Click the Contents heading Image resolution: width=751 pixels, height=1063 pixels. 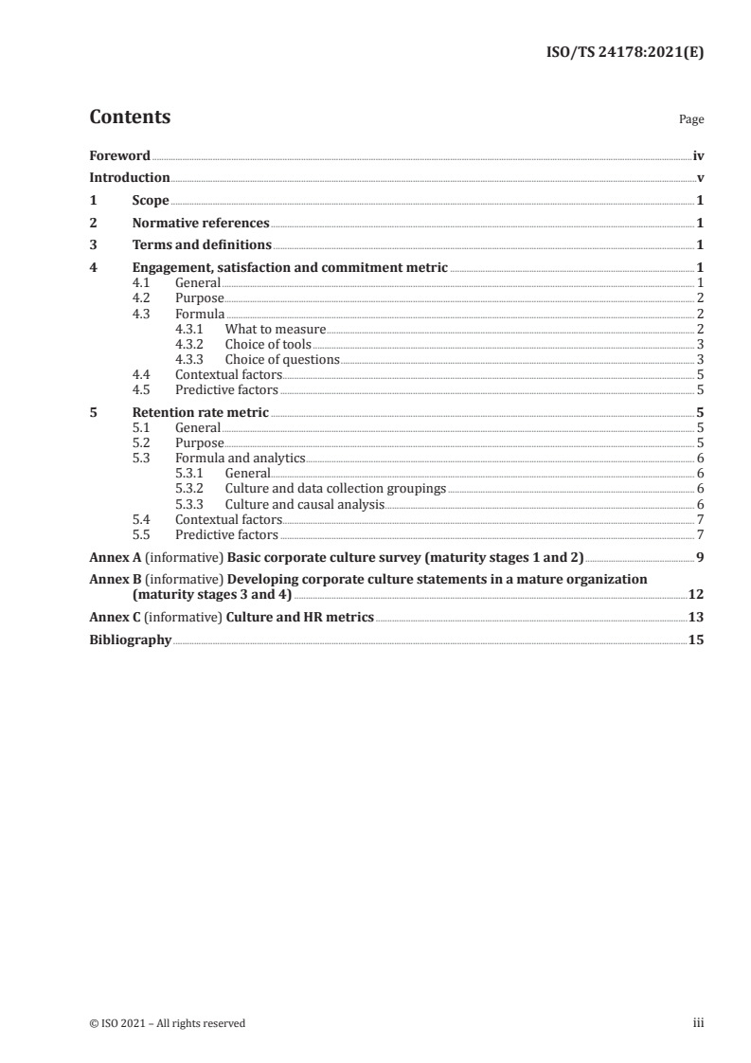(x=130, y=117)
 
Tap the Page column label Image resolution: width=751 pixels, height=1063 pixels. (x=691, y=120)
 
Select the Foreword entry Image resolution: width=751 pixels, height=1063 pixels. (x=119, y=155)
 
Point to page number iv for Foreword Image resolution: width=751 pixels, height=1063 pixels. (x=698, y=155)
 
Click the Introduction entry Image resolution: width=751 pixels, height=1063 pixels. (x=130, y=177)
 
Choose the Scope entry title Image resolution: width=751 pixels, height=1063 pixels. (x=151, y=201)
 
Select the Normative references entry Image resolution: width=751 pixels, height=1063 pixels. (x=201, y=224)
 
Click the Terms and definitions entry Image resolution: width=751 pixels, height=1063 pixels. (x=202, y=245)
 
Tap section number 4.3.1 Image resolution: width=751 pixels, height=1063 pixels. (x=190, y=329)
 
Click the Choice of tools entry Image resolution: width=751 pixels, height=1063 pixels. (x=268, y=344)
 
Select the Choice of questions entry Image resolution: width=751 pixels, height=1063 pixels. (x=281, y=359)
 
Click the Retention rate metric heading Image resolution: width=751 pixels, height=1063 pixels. (x=201, y=412)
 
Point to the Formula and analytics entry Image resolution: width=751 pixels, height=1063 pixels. (x=241, y=458)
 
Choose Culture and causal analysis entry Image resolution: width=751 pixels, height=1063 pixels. (x=304, y=504)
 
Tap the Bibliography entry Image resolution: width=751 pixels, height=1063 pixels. (x=130, y=640)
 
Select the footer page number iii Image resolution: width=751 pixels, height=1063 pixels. (x=698, y=1023)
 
